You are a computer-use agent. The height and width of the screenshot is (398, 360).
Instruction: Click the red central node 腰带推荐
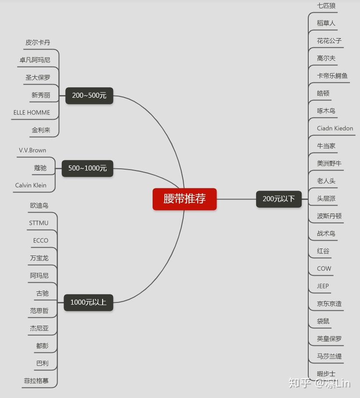(x=185, y=199)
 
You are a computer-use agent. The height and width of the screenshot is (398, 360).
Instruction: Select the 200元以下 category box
(x=279, y=199)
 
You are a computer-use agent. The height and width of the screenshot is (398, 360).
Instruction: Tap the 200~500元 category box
(x=89, y=95)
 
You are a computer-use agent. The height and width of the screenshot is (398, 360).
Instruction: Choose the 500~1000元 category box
(x=87, y=168)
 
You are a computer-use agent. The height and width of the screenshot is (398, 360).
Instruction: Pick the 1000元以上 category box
(x=88, y=302)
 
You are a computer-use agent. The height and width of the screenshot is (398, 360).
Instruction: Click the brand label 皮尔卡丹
(x=38, y=43)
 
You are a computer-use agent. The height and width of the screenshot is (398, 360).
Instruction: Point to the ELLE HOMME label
(x=32, y=113)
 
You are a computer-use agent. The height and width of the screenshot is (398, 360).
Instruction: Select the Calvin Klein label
(x=31, y=185)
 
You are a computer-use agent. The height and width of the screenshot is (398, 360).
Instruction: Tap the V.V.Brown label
(x=32, y=150)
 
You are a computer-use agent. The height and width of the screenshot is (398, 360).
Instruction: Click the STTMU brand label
(x=39, y=223)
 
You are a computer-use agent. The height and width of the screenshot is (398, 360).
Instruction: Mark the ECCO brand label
(x=41, y=241)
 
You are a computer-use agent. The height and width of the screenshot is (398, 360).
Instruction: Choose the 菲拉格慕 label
(x=36, y=381)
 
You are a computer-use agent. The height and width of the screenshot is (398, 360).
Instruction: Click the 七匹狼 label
(x=326, y=6)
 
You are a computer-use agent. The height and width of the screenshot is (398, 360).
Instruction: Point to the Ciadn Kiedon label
(x=335, y=128)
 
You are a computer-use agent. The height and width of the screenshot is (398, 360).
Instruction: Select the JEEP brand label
(x=323, y=286)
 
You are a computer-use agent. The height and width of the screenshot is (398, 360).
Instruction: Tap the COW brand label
(x=324, y=269)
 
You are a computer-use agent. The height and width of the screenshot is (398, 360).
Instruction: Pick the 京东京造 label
(x=329, y=304)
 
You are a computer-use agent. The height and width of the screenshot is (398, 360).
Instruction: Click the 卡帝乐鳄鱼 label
(x=332, y=76)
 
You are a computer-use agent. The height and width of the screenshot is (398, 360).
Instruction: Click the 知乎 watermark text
(x=300, y=383)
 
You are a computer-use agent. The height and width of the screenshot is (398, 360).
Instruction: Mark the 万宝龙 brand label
(x=39, y=258)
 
